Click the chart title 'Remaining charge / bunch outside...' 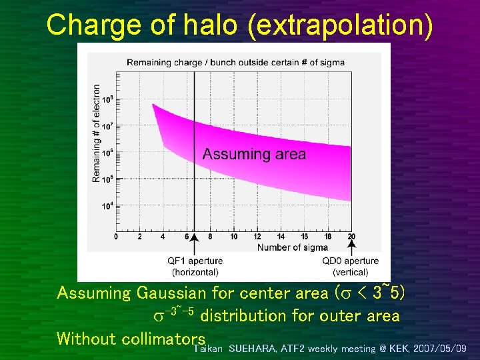(235, 62)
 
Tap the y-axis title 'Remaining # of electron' (97, 133)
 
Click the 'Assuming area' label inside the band (254, 155)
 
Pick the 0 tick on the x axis (116, 237)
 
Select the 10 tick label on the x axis (233, 237)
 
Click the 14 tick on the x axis (281, 237)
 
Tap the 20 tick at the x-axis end (351, 237)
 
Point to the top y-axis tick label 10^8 (107, 99)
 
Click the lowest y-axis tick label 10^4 (107, 205)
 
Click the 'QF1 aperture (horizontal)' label (195, 266)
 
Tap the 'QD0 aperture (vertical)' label (350, 266)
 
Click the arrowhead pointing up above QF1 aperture (194, 246)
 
